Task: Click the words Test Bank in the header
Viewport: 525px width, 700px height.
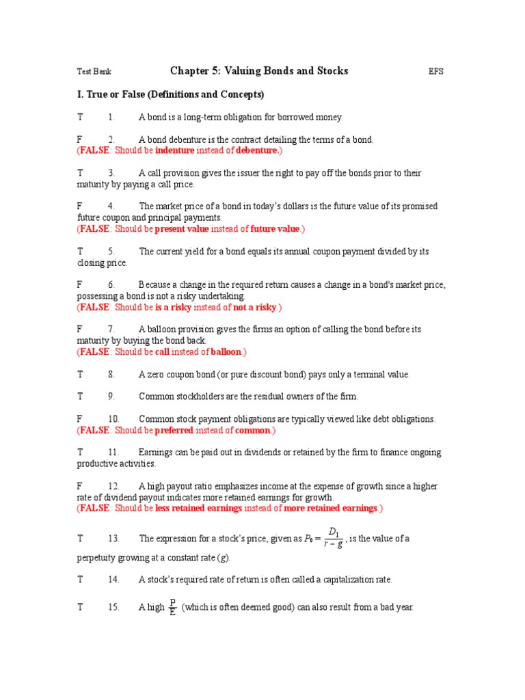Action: coord(93,72)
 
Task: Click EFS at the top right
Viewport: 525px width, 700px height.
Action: coord(435,72)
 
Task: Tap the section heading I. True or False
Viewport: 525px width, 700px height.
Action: coord(170,94)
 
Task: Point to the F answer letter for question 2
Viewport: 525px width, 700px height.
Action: coord(79,139)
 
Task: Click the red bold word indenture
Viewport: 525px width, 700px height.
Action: coord(175,150)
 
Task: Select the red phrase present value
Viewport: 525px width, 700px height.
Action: coord(181,229)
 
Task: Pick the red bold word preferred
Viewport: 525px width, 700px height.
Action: coord(174,431)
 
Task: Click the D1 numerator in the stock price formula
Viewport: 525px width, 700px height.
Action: coord(334,532)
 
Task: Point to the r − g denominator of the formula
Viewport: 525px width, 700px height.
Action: coord(332,545)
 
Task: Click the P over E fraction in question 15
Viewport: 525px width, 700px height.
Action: coord(172,607)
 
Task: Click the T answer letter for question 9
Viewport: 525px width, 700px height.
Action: coord(80,396)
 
